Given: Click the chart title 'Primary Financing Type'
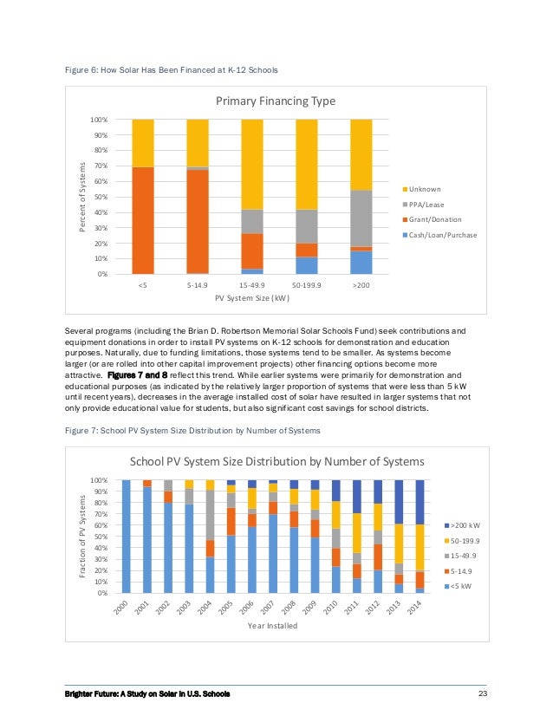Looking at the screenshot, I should (275, 101).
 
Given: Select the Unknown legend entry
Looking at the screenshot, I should (425, 189).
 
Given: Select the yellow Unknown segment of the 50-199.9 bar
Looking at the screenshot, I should (307, 164).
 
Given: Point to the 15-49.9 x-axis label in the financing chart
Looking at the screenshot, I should (252, 283).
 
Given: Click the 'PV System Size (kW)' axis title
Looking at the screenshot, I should (252, 297).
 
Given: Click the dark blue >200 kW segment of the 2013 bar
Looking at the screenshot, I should (399, 502).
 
